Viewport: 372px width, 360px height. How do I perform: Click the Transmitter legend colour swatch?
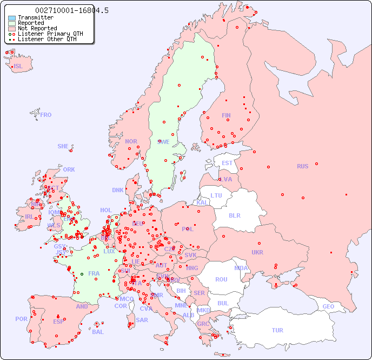click(12, 18)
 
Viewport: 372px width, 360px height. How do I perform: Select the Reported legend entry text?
click(31, 23)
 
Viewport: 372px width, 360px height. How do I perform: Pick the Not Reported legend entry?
click(37, 29)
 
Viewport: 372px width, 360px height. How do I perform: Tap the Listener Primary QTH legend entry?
click(50, 34)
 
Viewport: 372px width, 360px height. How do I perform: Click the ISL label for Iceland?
click(18, 67)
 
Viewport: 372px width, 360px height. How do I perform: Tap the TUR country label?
click(277, 330)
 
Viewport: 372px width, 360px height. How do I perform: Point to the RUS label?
click(302, 166)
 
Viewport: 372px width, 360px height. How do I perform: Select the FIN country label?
click(226, 115)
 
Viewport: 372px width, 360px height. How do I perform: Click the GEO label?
click(328, 306)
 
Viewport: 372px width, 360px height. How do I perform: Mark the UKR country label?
click(257, 252)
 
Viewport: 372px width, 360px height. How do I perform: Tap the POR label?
click(21, 319)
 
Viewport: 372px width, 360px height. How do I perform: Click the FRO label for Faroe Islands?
click(46, 115)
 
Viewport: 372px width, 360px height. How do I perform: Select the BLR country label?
click(235, 215)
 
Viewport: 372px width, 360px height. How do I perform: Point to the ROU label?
click(221, 279)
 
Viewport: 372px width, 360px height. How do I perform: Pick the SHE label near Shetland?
click(63, 146)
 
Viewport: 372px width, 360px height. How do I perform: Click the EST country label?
click(227, 163)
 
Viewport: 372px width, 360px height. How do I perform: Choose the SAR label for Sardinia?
click(142, 320)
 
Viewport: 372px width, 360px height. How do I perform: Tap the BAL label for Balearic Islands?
click(98, 332)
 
